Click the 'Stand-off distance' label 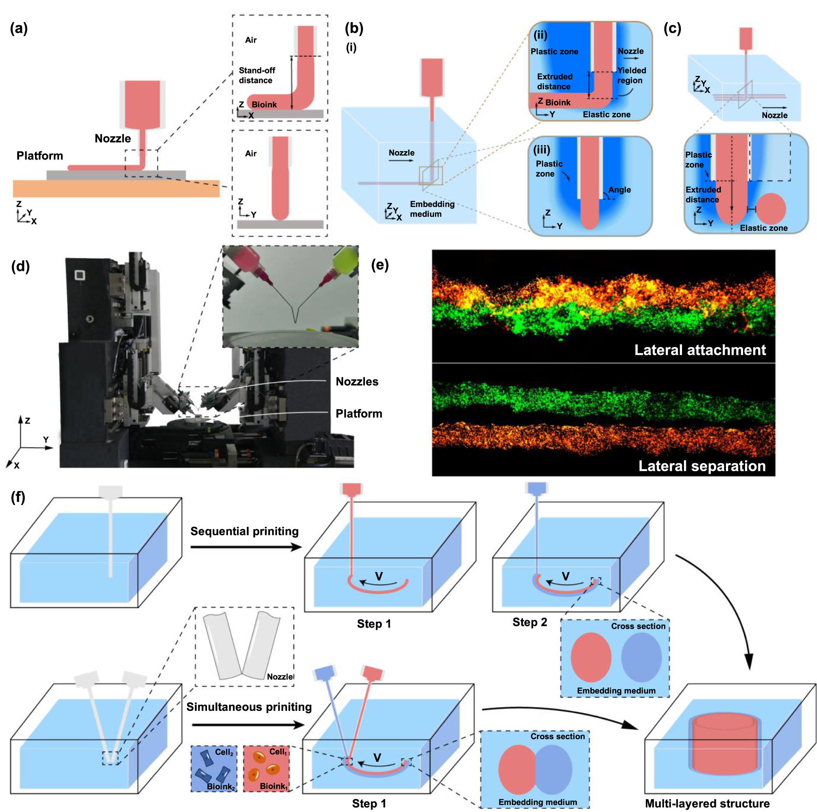(x=257, y=75)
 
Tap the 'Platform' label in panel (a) (x=40, y=156)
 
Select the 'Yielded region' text (x=631, y=75)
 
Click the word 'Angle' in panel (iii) (x=619, y=190)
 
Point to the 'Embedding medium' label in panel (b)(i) (x=432, y=209)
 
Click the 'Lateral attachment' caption (x=700, y=350)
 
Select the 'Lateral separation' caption (x=701, y=466)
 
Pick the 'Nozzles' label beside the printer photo (x=356, y=381)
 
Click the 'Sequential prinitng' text (x=244, y=531)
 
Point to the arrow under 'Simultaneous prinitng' (x=248, y=725)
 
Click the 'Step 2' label (x=529, y=622)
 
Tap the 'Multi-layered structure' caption (x=707, y=803)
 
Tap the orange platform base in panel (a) (x=116, y=189)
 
